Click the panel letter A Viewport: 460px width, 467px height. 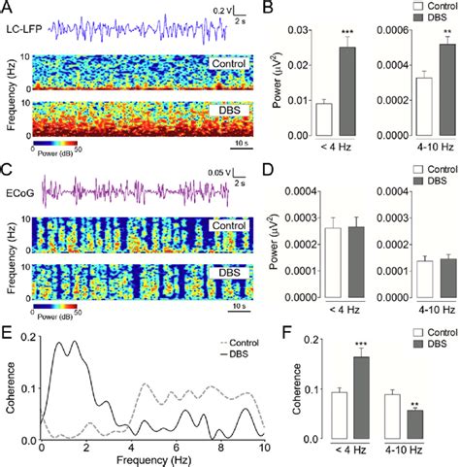click(x=7, y=8)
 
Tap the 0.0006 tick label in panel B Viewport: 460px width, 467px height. click(x=369, y=26)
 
